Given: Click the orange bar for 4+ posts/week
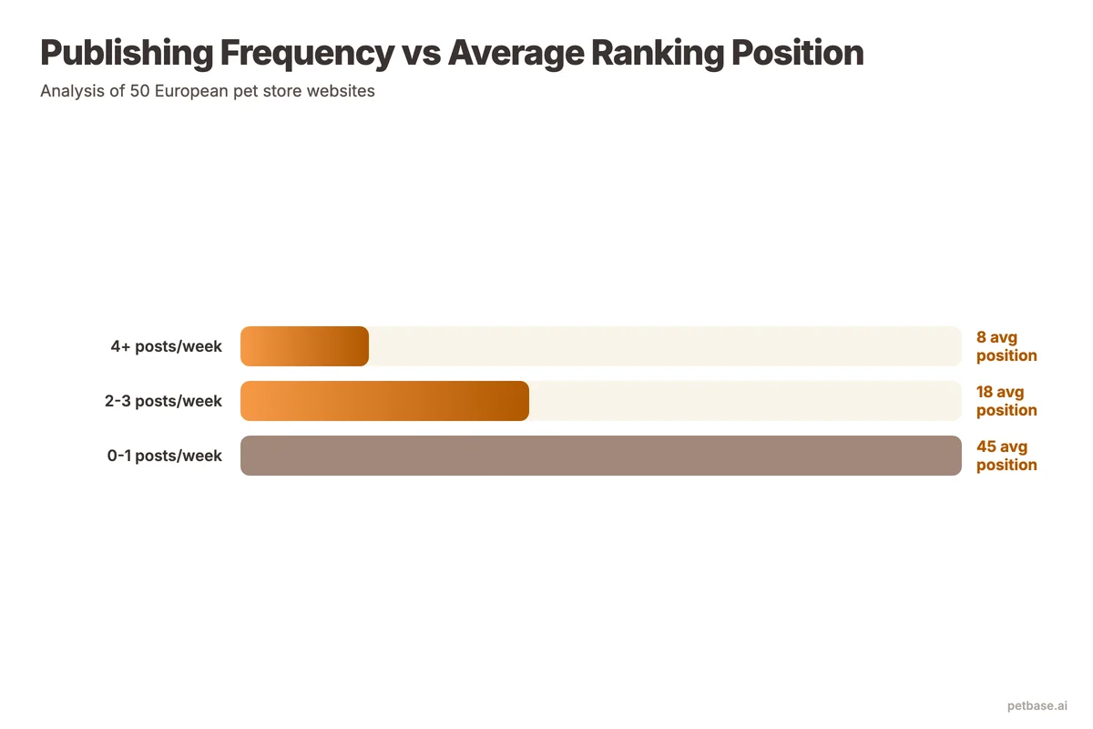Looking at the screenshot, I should coord(304,346).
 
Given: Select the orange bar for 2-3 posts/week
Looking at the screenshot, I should coord(384,401).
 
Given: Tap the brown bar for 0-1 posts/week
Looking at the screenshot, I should coord(601,456).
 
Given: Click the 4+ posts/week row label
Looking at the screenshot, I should coord(166,346).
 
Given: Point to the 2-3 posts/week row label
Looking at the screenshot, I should coord(163,401).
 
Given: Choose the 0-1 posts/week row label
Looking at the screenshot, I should coord(164,456).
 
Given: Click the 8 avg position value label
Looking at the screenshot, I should coord(1006,346).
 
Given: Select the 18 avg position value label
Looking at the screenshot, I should coord(1006,401).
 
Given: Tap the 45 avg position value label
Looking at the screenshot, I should coord(1006,456).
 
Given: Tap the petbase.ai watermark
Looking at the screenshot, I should coord(1037,705).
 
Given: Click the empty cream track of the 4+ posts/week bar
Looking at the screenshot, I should coord(665,346).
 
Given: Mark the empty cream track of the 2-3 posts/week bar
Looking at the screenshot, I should coord(745,401).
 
